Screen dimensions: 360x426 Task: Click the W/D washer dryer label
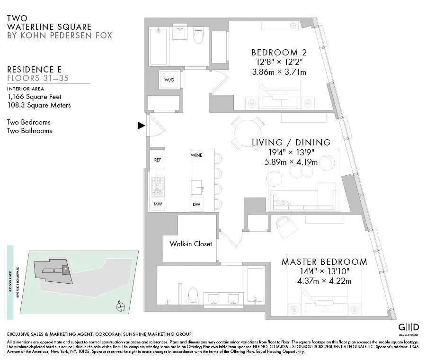point(169,80)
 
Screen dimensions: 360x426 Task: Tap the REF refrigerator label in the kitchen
point(158,160)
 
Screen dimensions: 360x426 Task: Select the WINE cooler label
point(196,155)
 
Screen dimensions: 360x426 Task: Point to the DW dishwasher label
point(196,205)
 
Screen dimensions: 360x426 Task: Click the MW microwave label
point(158,204)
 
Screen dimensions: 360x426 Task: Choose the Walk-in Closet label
point(191,244)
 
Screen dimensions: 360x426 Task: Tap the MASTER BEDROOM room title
point(324,262)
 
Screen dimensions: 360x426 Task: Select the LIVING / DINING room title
point(291,142)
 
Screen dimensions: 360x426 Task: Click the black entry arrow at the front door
point(141,126)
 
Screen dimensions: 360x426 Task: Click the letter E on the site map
point(66,270)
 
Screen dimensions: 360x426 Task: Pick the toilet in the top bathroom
point(198,36)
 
